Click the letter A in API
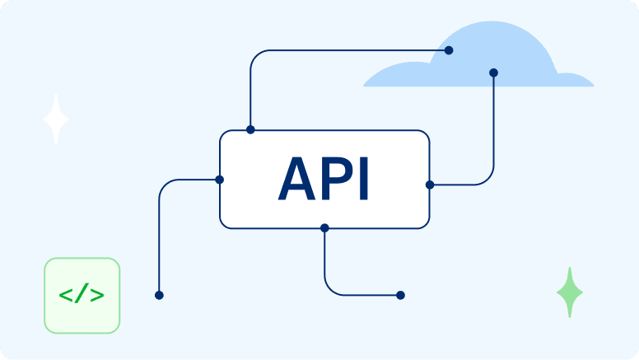click(x=297, y=179)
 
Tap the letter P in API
click(x=333, y=179)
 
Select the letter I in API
click(x=363, y=179)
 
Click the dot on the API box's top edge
click(x=250, y=129)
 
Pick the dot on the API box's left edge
click(x=219, y=179)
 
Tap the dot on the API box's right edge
click(x=430, y=185)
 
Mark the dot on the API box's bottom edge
click(x=324, y=227)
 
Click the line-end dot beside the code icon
click(x=159, y=295)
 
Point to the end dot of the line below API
click(x=400, y=295)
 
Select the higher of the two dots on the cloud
click(x=449, y=50)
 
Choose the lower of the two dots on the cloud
click(x=493, y=72)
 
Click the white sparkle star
click(x=56, y=120)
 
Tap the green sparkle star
click(x=569, y=292)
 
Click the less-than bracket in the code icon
click(x=65, y=295)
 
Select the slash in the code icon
click(x=81, y=295)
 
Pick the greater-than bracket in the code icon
click(x=97, y=295)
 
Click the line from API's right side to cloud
click(x=493, y=132)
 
